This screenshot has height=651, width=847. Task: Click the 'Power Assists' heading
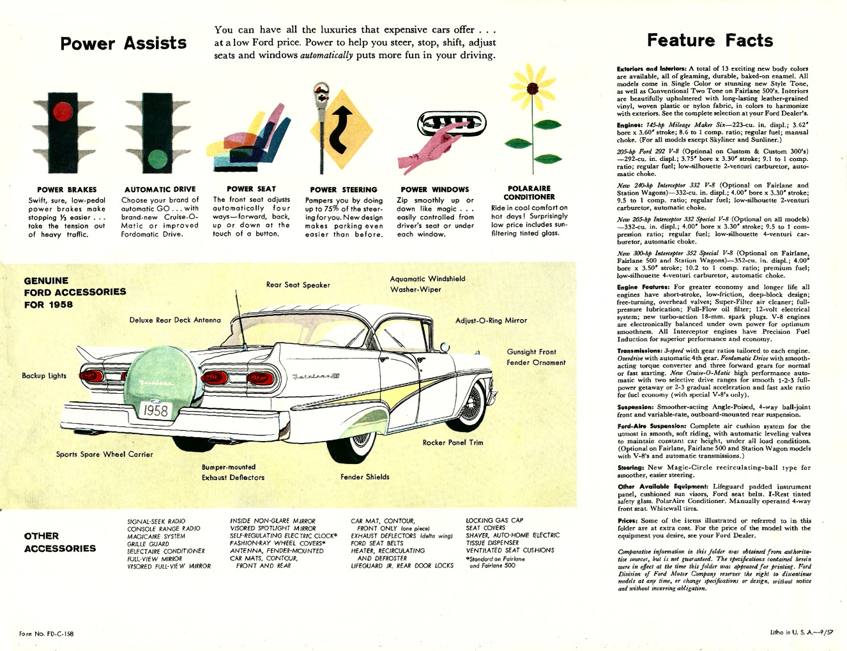pos(123,43)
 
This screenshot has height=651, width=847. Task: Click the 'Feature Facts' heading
pos(710,41)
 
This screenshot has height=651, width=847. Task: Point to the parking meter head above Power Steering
pos(319,94)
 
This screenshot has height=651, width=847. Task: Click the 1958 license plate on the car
pos(155,410)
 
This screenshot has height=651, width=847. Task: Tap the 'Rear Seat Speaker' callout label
pos(298,285)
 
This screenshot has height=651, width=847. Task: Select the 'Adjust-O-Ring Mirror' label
pos(491,320)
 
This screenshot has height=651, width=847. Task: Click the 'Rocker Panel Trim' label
pos(452,442)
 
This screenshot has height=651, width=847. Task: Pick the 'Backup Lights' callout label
pos(44,376)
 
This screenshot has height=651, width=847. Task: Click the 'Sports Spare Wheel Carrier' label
pos(104,454)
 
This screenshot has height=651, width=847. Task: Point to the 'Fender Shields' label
pos(365,477)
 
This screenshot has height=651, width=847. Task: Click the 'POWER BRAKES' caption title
pos(67,190)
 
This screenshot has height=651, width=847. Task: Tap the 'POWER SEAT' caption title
pos(251,189)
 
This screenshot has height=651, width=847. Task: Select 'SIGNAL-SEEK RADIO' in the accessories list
pos(156,521)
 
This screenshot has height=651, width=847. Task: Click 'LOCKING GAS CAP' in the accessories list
pos(494,520)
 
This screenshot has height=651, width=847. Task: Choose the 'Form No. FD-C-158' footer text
pos(46,634)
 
